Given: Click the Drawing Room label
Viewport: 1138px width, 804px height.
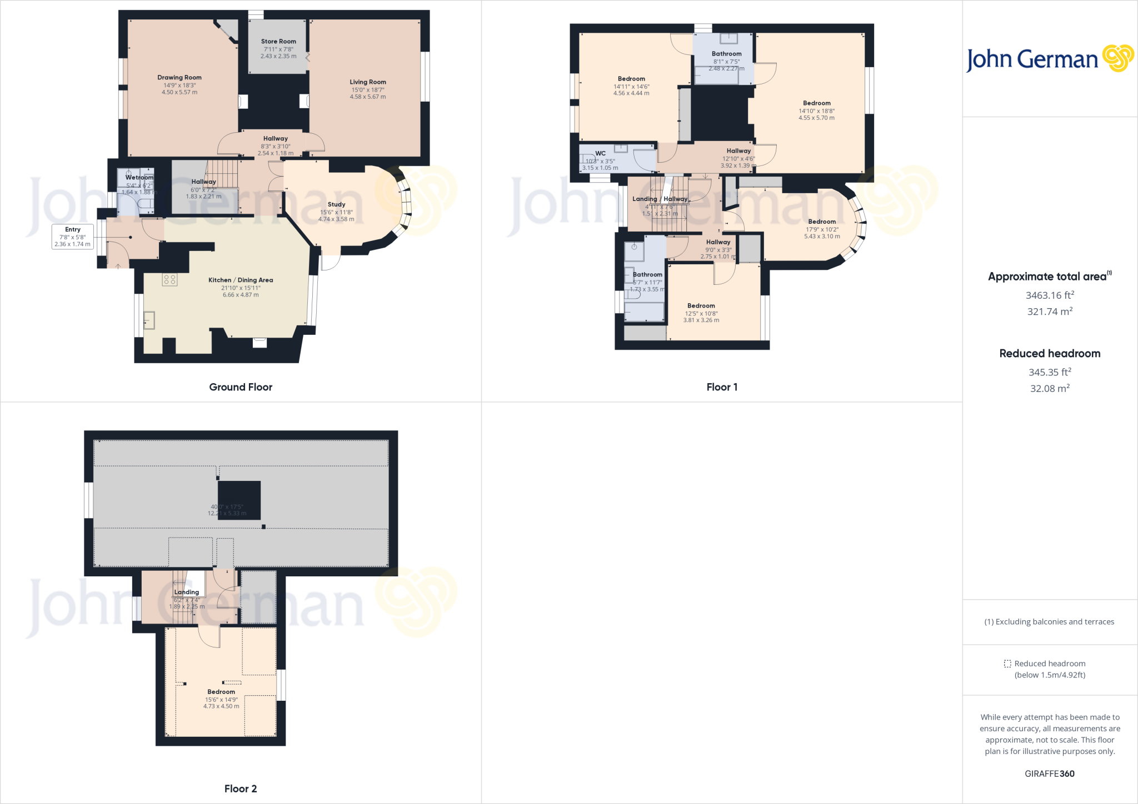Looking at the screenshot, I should click(179, 78).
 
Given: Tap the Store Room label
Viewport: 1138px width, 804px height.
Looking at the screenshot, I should click(278, 42).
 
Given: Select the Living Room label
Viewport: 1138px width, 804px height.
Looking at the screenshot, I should click(367, 82).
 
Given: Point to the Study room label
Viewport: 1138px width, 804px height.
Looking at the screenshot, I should click(336, 205).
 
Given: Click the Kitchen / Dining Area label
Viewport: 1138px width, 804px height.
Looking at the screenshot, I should click(241, 280).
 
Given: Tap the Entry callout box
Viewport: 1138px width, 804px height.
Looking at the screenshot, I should click(72, 237).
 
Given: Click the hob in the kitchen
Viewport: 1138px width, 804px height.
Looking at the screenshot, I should click(169, 280).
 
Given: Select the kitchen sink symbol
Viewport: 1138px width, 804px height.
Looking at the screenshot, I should click(149, 320).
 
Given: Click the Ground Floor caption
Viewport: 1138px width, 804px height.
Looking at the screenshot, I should click(241, 387).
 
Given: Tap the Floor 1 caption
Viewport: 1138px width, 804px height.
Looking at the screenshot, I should click(722, 387).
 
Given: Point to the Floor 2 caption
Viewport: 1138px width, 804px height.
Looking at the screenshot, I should click(241, 788).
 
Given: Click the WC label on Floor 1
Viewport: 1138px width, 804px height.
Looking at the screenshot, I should click(600, 154).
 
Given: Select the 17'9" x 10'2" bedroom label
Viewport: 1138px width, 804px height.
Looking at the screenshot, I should click(822, 222).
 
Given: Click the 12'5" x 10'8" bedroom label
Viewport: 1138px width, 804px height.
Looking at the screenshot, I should click(701, 306).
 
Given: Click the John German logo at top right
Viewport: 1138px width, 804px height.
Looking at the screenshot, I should click(1050, 59).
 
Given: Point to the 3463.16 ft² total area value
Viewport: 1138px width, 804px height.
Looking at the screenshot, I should click(1050, 295).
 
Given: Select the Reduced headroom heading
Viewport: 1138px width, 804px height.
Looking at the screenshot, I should click(1050, 354).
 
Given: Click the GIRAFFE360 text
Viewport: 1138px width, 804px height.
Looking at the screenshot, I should click(1050, 773).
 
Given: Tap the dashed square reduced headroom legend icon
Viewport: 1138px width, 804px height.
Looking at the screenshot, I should click(1007, 664).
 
